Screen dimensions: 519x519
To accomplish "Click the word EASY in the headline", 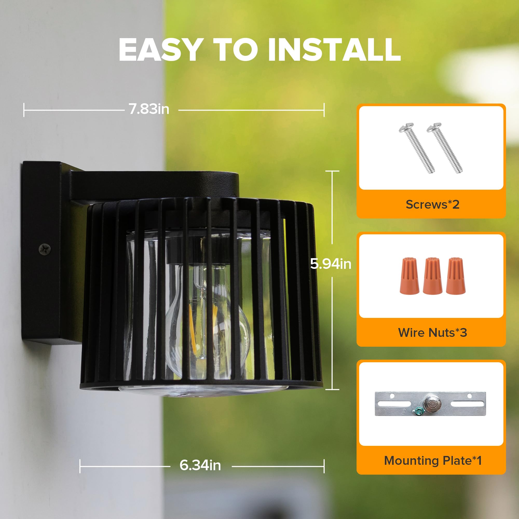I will (160, 50).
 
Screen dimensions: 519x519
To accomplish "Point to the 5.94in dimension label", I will (330, 264).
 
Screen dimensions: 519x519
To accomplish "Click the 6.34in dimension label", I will (200, 465).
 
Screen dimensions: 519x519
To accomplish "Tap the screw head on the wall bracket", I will (44, 249).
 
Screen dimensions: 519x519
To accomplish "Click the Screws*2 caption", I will (433, 204).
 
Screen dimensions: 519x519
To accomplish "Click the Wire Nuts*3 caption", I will (433, 333).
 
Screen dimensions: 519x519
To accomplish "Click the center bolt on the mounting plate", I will (432, 404).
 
